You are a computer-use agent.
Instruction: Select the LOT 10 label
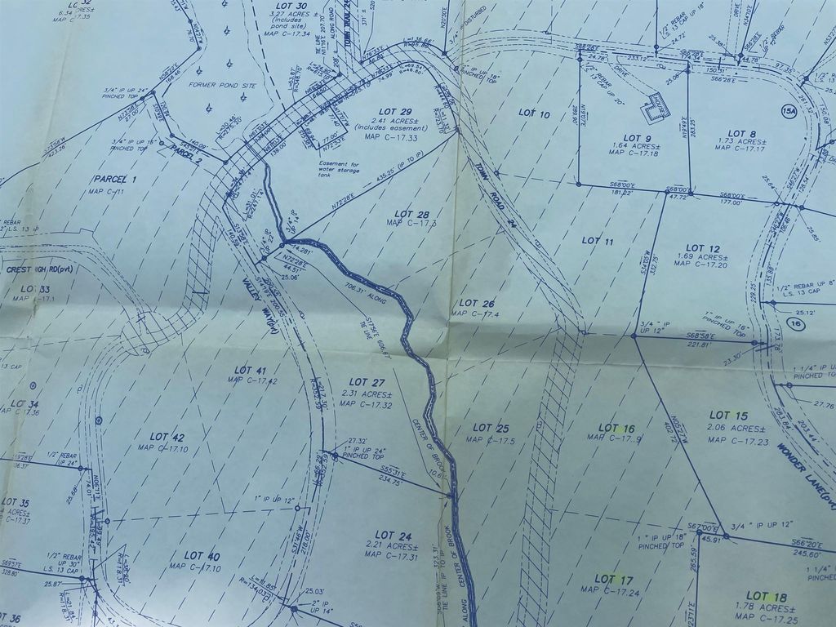(x=534, y=113)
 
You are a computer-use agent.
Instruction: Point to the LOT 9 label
(x=637, y=138)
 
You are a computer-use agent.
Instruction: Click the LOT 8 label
(x=736, y=133)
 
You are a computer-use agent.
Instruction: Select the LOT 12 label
(x=702, y=248)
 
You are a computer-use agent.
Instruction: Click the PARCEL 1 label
(x=114, y=179)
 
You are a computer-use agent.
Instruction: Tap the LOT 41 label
(x=250, y=370)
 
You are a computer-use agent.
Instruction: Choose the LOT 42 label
(x=167, y=436)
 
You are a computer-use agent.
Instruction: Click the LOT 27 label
(x=367, y=382)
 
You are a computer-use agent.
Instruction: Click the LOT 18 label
(x=764, y=595)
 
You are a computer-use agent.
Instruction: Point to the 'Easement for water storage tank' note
(x=343, y=168)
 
